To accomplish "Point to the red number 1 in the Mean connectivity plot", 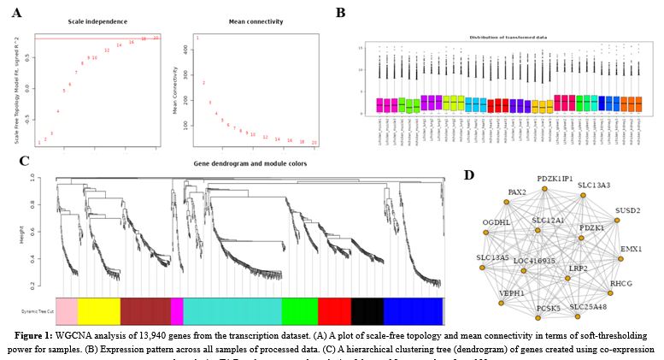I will pos(197,38).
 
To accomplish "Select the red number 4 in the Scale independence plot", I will pos(58,111).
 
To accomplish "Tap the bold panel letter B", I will pos(340,13).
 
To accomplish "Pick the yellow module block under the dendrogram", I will pos(99,310).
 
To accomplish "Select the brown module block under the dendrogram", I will pos(145,310).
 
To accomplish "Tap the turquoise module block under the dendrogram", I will pos(232,310).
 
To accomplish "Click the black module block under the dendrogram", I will pos(367,310).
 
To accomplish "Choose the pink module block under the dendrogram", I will pos(66,310).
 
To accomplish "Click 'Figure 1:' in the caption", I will pos(34,328).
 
